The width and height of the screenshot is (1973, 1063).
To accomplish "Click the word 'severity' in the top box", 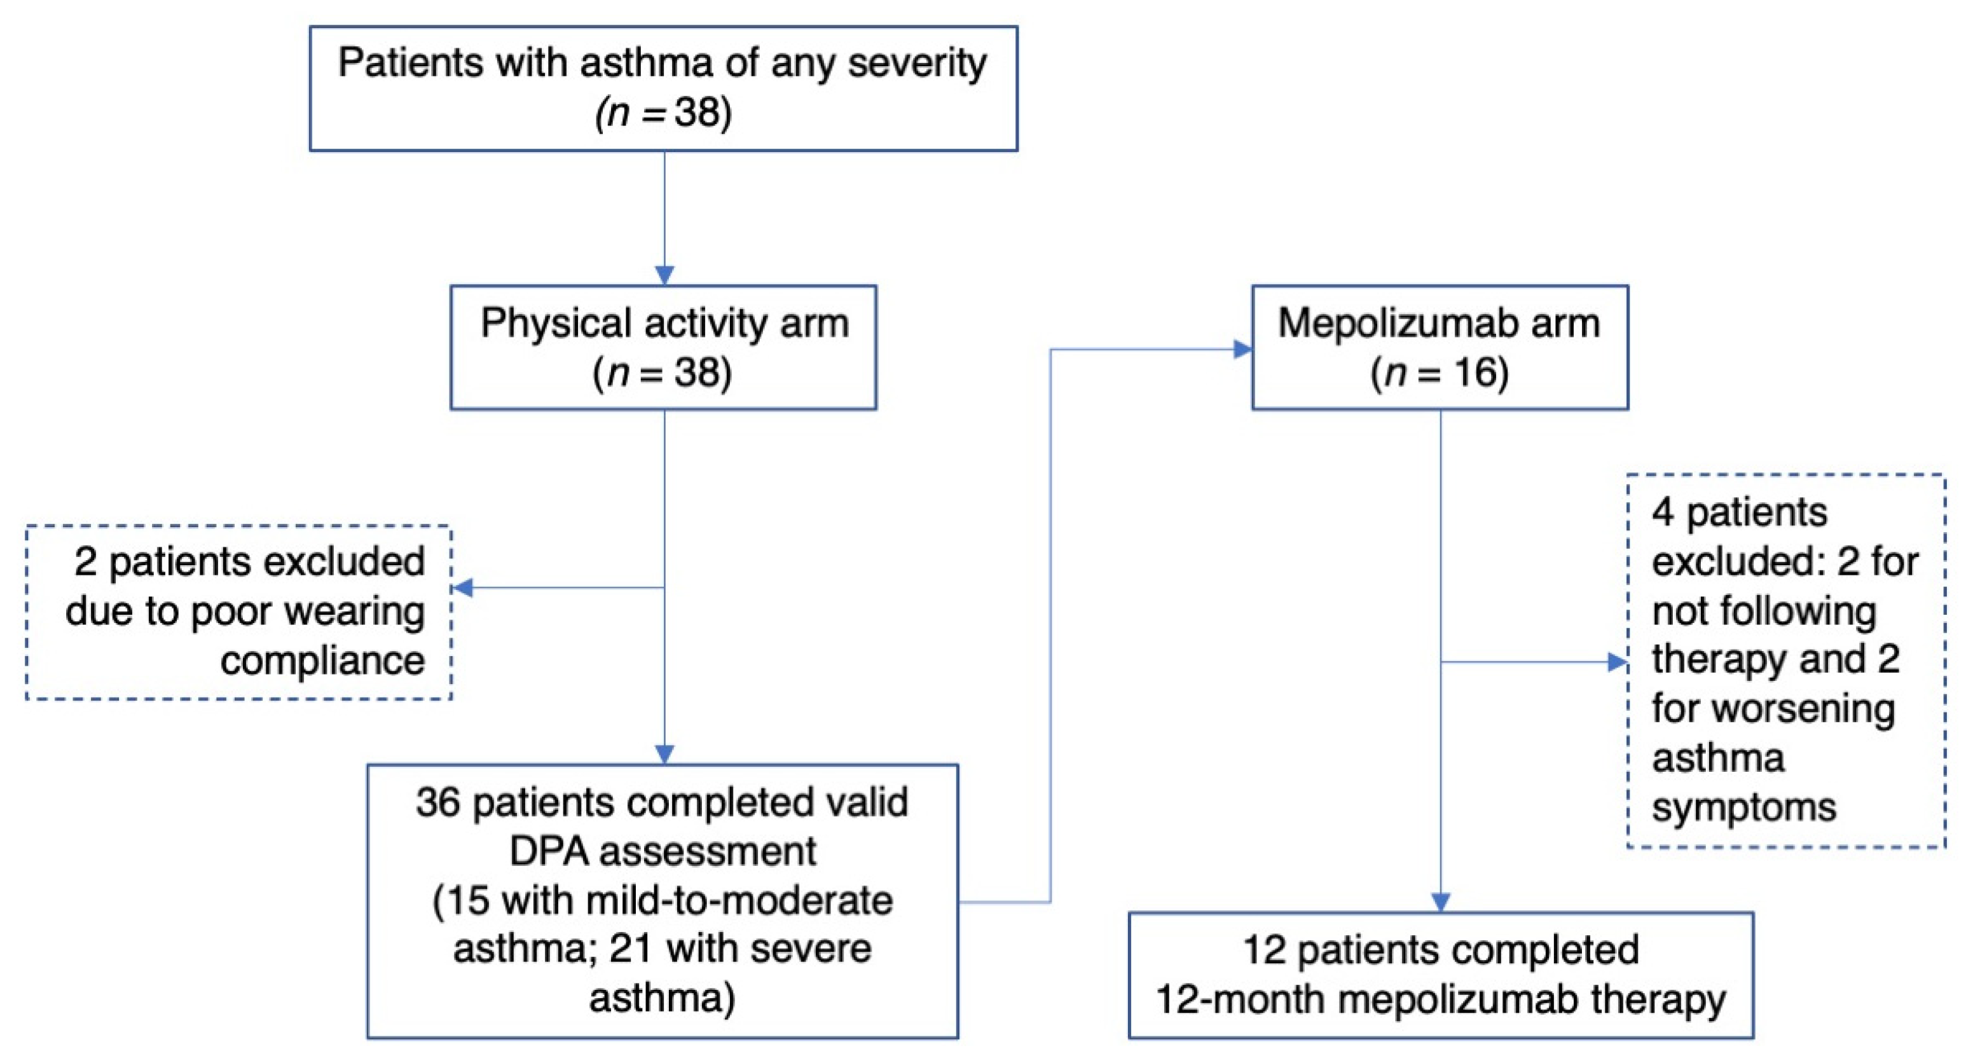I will click(916, 63).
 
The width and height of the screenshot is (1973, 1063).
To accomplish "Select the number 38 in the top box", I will click(698, 113).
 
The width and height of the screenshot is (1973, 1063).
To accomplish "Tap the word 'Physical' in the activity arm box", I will click(556, 323).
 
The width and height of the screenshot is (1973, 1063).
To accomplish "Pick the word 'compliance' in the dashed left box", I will click(322, 660).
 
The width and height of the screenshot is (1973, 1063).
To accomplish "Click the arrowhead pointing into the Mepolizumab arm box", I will click(1242, 350).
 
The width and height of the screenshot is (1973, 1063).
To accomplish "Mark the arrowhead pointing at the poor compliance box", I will click(462, 587).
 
